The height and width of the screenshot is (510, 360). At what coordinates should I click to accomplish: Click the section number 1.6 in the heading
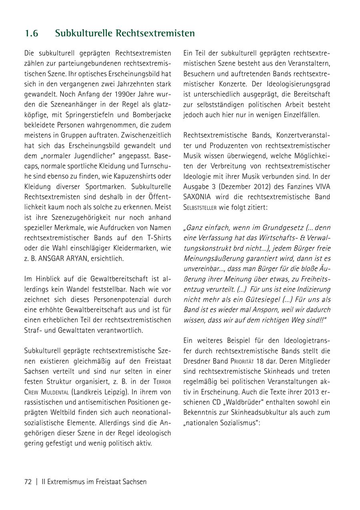point(31,33)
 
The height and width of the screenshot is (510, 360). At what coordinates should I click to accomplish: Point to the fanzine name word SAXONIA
point(198,197)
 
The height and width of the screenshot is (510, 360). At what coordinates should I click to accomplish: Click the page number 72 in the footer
point(28,482)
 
